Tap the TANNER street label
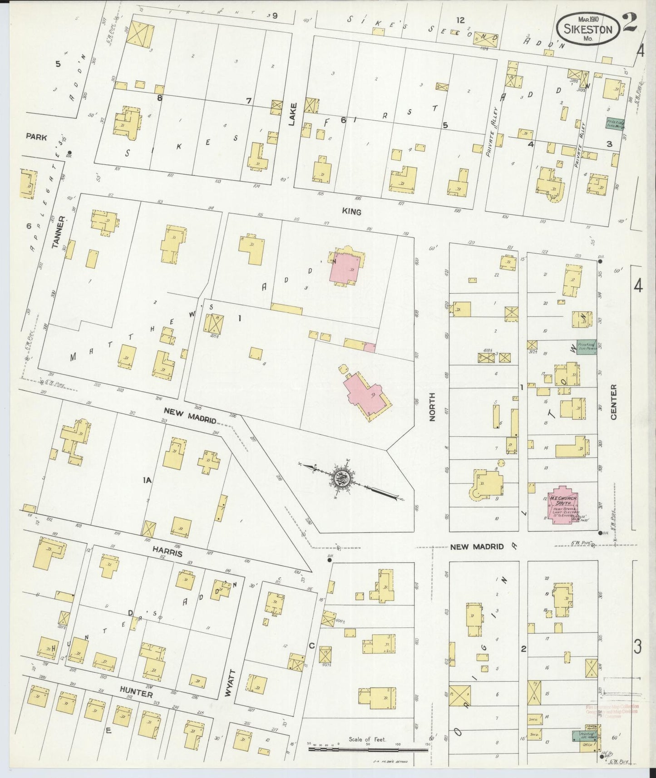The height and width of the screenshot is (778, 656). (x=61, y=232)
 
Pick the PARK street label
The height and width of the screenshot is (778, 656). (x=36, y=137)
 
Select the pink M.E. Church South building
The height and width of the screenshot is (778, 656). (x=563, y=506)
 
